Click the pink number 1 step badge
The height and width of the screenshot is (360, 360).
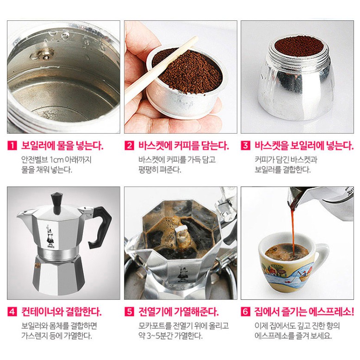(12, 146)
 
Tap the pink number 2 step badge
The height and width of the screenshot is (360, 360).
(129, 146)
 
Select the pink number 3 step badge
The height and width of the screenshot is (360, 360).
(246, 146)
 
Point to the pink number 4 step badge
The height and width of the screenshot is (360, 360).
(12, 311)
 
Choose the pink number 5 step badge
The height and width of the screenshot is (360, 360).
(129, 311)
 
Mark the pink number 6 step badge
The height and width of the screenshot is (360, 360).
(246, 311)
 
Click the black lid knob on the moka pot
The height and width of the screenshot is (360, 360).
(57, 203)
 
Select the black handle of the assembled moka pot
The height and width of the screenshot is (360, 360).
(100, 227)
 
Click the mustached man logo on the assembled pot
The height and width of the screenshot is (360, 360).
(50, 236)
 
